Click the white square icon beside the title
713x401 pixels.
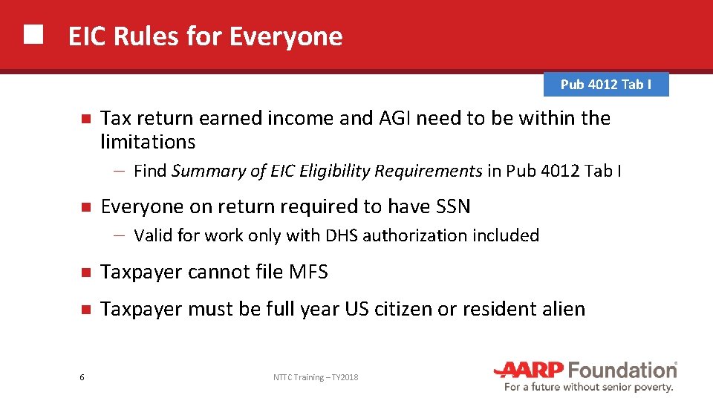[33, 36]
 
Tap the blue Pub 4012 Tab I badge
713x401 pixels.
[606, 84]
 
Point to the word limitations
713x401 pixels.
[148, 142]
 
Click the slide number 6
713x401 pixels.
[82, 378]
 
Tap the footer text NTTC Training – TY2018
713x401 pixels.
[316, 378]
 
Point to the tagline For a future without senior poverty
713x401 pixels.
[588, 387]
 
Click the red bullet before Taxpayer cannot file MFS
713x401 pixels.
[85, 273]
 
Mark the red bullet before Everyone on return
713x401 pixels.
[85, 206]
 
